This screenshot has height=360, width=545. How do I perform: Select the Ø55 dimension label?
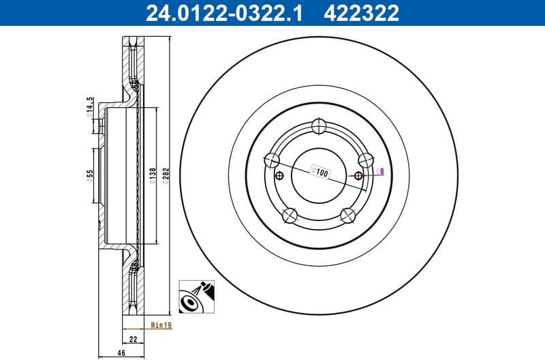[89, 176]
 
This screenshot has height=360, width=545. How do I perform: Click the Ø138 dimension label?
[153, 175]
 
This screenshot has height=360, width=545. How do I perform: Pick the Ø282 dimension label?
[166, 175]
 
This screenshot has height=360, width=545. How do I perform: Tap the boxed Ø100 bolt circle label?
[320, 173]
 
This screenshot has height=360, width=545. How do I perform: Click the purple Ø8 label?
[381, 170]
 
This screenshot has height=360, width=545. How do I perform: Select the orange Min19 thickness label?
[161, 326]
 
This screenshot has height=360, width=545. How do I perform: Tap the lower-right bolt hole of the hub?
[347, 215]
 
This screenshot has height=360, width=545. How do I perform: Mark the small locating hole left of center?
[278, 176]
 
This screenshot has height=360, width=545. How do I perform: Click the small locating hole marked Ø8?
[358, 175]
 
